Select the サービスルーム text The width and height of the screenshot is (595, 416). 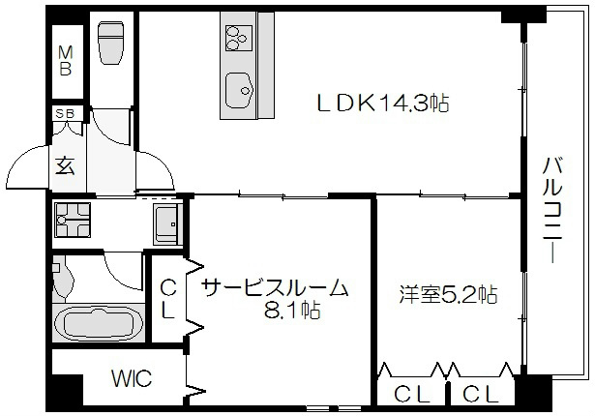[275, 287]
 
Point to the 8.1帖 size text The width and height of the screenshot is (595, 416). [293, 311]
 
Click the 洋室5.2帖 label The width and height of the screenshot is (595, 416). [448, 294]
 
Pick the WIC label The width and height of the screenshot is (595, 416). [131, 378]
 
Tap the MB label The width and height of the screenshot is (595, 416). [66, 60]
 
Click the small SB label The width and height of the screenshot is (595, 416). [65, 114]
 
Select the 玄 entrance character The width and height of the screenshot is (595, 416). [65, 165]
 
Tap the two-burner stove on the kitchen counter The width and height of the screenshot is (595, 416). [237, 38]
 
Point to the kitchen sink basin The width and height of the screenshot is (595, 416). [238, 91]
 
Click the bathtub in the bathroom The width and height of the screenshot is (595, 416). [100, 323]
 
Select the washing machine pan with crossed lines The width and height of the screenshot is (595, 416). [73, 222]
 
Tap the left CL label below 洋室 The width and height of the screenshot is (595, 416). [410, 395]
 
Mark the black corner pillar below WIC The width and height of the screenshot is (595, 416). [67, 392]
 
